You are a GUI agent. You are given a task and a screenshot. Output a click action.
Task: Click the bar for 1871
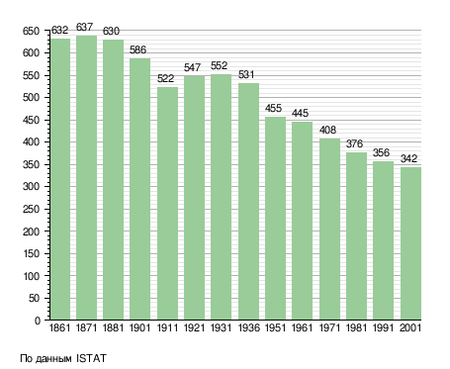(x=86, y=177)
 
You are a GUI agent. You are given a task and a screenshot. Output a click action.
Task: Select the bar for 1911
(x=167, y=203)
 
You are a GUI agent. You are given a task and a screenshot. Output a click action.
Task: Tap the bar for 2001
(x=410, y=243)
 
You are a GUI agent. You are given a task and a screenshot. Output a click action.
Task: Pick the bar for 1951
(x=276, y=218)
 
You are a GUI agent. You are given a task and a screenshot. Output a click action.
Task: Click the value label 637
(x=85, y=27)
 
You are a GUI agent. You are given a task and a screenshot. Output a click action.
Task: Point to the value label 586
(x=137, y=49)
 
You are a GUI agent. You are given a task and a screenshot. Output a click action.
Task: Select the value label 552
(x=220, y=65)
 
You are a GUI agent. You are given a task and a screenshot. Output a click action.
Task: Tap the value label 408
(x=327, y=130)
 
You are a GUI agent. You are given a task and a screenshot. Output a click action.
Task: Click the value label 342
(x=408, y=158)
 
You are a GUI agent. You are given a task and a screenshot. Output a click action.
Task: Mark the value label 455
(x=274, y=108)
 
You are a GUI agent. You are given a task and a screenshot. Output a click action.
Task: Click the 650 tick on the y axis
(x=31, y=31)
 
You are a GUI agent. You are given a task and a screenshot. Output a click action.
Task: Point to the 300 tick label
(x=31, y=187)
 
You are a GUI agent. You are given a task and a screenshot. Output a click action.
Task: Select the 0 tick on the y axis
(x=38, y=321)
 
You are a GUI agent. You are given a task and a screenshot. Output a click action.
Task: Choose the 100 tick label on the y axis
(x=32, y=276)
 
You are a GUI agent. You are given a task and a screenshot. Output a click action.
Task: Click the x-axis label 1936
(x=248, y=327)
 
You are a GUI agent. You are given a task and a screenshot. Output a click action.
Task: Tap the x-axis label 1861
(x=59, y=327)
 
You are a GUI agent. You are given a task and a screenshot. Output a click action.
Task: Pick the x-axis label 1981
(x=356, y=327)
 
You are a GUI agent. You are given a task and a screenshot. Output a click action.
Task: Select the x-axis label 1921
(x=194, y=327)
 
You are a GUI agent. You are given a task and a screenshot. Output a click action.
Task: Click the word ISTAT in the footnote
(x=91, y=358)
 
